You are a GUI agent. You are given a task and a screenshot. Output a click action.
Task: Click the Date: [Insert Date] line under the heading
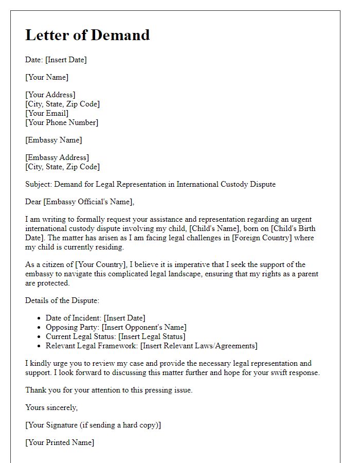pos(56,60)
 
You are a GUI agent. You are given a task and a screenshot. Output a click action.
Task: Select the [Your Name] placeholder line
pos(47,77)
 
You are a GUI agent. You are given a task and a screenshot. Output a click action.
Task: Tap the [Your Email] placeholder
pos(47,113)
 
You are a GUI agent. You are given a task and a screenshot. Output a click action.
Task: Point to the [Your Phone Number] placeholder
pos(62,122)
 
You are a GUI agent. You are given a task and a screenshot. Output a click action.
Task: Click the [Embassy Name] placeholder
pos(53,140)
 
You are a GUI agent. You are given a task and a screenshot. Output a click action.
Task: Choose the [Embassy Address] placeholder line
pos(57,157)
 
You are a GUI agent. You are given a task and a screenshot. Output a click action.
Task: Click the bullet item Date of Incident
pos(96,318)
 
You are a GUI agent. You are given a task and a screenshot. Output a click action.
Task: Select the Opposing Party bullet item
pos(116,327)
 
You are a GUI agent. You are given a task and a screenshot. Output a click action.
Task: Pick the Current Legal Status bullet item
pos(115,336)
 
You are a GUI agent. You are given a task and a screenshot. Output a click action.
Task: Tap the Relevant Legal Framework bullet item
pos(151,346)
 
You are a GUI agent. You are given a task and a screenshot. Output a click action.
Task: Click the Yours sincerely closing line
pos(51,407)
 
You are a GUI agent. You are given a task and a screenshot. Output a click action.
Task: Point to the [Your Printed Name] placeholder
pos(60,442)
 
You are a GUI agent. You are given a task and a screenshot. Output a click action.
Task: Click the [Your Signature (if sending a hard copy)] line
pos(93,425)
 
